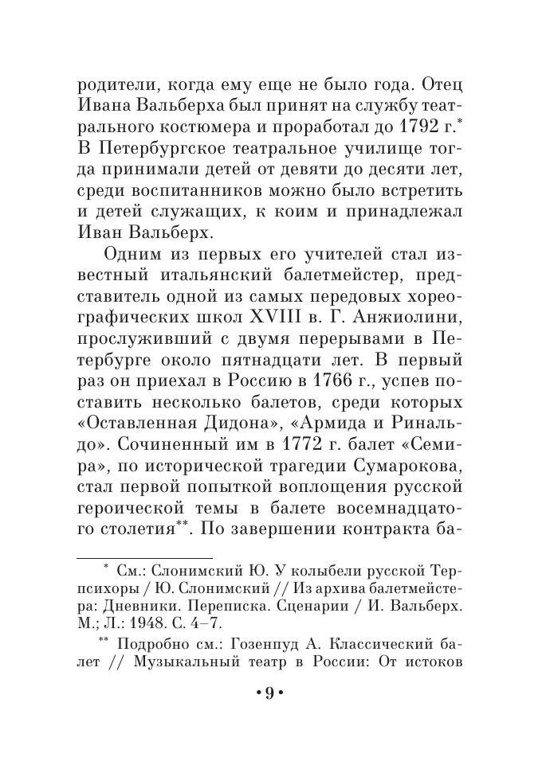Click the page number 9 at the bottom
click(x=269, y=693)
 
